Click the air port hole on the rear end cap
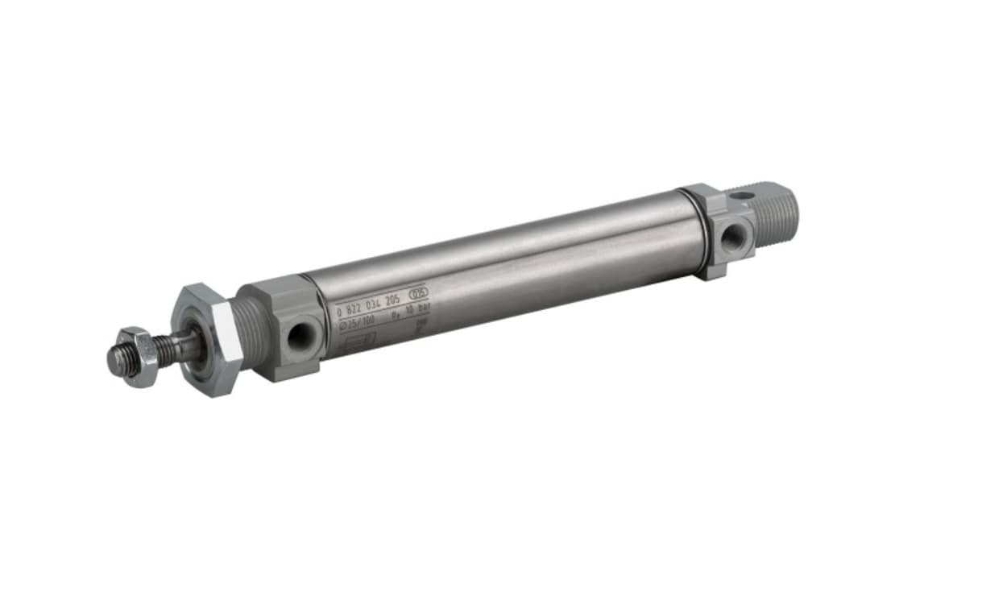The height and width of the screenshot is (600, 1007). pyautogui.click(x=734, y=237)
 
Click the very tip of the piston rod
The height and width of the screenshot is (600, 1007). pyautogui.click(x=114, y=362)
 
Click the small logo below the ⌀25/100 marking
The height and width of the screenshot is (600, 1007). pyautogui.click(x=359, y=339)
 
